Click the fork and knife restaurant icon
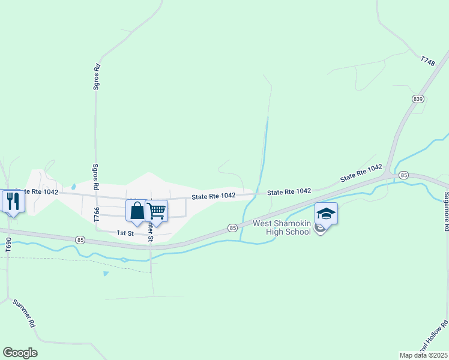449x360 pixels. tap(11, 200)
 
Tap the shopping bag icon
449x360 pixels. tap(137, 211)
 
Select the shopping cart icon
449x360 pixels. tap(156, 211)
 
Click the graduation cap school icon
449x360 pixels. tap(326, 214)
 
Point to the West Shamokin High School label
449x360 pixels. tap(282, 227)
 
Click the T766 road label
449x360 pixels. tap(96, 214)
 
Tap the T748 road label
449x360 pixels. tap(427, 61)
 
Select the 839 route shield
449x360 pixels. tap(418, 98)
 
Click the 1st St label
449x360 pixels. tap(125, 232)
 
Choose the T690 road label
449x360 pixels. tap(8, 245)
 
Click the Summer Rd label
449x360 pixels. tap(25, 313)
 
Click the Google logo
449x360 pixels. tap(20, 353)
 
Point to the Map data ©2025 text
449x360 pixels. tap(424, 355)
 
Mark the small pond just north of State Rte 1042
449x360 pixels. tap(73, 186)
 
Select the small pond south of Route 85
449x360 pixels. tap(106, 274)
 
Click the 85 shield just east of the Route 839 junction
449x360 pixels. tap(403, 175)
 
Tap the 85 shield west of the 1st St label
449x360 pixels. tap(81, 240)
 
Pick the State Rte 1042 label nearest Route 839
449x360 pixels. tap(361, 174)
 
